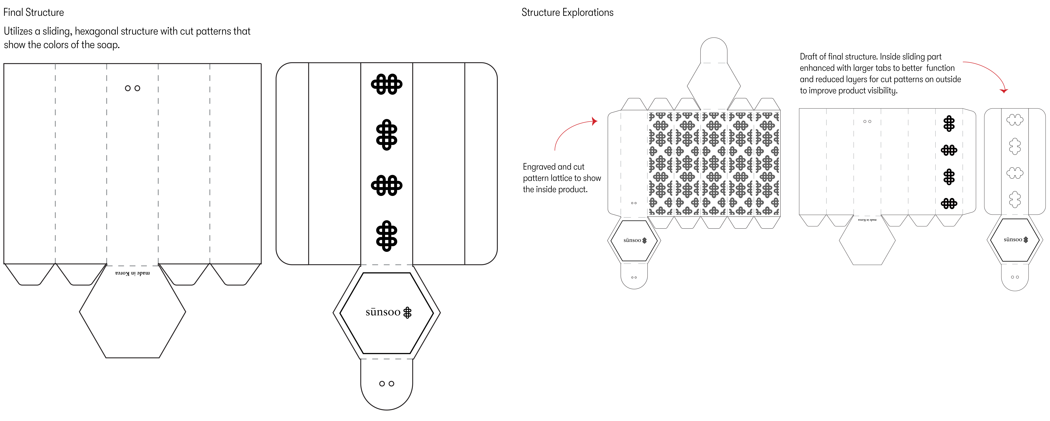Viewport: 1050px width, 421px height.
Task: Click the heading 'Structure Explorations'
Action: point(567,12)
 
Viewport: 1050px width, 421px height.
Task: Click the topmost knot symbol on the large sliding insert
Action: point(386,84)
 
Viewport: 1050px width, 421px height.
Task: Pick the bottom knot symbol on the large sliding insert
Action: point(386,236)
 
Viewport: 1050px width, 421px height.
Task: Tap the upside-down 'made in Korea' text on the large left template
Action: point(132,273)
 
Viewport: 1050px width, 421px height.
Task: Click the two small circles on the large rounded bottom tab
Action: point(386,384)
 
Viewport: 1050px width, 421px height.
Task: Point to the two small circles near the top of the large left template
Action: point(132,88)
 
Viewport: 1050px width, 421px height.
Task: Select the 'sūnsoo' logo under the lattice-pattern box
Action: point(635,240)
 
